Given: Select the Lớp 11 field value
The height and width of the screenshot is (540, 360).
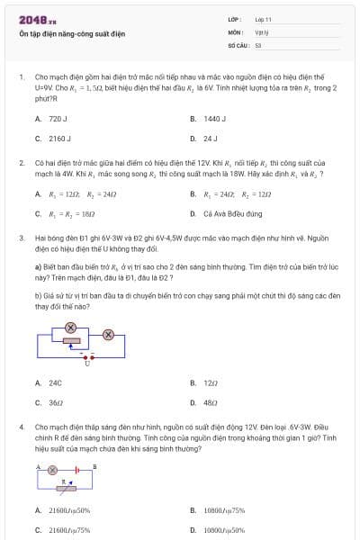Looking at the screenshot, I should click(264, 19).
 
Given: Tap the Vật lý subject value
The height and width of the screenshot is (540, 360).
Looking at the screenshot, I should click(262, 31).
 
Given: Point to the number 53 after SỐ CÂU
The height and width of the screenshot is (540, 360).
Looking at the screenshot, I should click(258, 44).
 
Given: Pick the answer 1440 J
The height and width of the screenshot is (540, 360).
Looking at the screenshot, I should click(214, 119).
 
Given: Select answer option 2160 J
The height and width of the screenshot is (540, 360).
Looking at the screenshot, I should click(59, 139).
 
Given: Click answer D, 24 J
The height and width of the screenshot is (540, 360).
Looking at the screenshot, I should click(210, 139).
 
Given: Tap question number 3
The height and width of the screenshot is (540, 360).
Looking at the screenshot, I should click(21, 238).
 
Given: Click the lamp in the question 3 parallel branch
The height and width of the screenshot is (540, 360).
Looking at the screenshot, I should click(71, 325).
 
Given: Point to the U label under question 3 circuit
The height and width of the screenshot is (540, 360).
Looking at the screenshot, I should click(87, 363).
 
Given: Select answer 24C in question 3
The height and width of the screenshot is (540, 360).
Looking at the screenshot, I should click(55, 382).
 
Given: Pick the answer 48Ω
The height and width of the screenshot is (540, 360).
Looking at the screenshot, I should click(211, 402).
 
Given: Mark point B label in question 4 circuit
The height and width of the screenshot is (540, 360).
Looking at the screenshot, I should click(95, 465).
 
